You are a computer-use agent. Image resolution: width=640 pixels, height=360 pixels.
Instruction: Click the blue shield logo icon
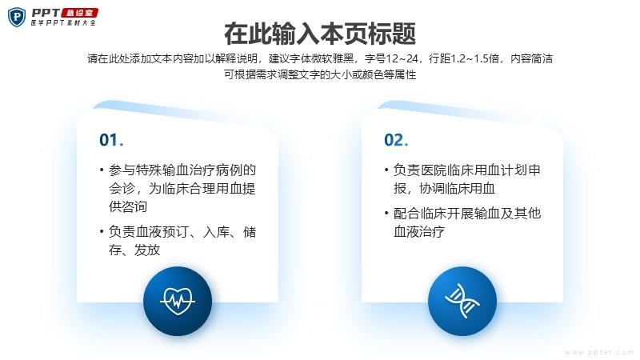(17, 17)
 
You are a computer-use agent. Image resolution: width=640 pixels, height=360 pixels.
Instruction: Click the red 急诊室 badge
(79, 13)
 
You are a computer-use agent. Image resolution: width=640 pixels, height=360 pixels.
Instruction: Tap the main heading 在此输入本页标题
(320, 34)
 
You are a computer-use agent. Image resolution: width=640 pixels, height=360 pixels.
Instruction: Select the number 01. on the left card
(111, 140)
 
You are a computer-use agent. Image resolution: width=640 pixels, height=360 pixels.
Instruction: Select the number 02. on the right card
(396, 140)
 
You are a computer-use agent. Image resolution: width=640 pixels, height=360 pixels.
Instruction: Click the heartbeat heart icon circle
(178, 302)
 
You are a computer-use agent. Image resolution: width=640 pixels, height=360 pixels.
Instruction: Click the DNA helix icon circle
(462, 302)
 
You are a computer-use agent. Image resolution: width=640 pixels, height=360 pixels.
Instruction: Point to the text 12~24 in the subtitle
(402, 58)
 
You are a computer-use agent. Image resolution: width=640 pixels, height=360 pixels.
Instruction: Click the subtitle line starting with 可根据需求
(320, 74)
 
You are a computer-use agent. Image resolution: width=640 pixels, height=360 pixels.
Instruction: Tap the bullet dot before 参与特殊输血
(102, 170)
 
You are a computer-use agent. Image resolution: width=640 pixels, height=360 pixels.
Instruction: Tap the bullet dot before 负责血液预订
(102, 231)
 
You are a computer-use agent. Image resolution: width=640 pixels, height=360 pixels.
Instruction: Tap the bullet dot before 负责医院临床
(386, 170)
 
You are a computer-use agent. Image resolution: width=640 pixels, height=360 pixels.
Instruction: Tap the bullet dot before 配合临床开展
(386, 213)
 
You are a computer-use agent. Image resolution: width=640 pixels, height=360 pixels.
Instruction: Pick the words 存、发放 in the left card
(134, 250)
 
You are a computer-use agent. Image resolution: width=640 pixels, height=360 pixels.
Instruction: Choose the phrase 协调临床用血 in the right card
(457, 188)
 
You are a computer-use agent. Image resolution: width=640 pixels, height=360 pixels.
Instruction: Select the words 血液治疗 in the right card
(418, 231)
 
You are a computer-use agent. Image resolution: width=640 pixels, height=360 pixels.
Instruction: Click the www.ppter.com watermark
(599, 352)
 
